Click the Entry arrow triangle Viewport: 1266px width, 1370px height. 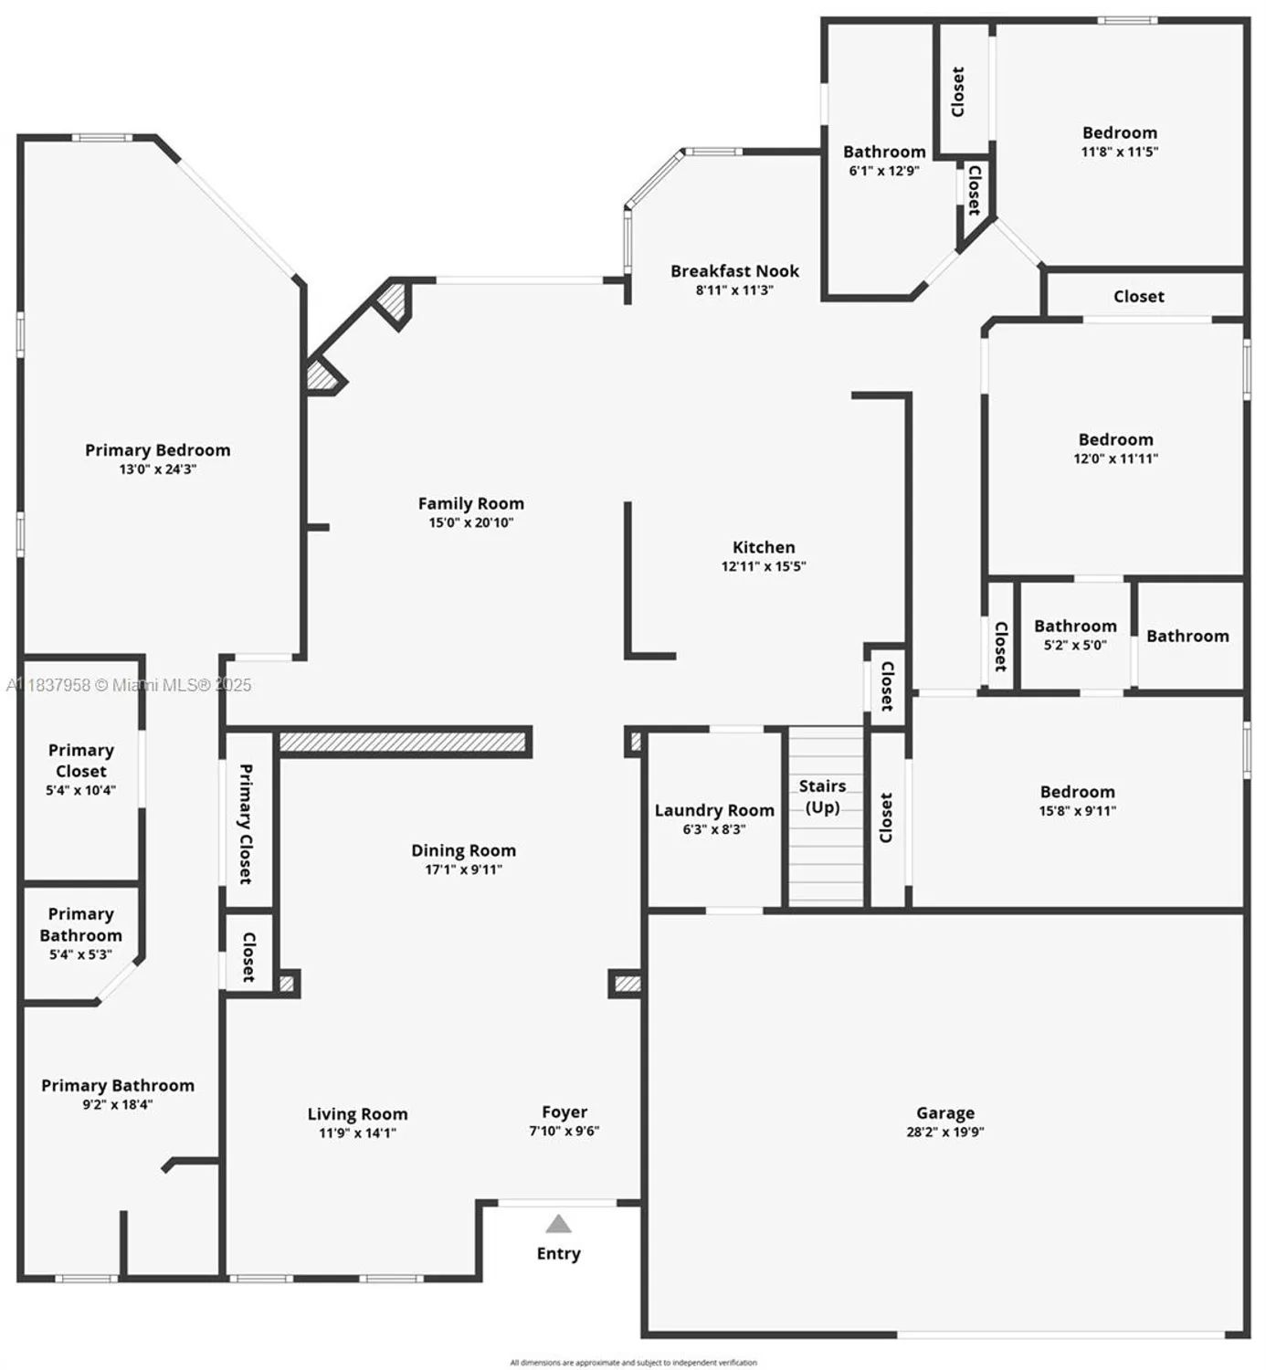click(558, 1224)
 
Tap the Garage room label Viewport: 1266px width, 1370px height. click(945, 1112)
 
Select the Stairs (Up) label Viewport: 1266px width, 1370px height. click(822, 796)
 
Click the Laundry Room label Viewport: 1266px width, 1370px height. click(714, 810)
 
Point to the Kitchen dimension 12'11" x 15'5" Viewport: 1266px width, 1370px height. click(764, 566)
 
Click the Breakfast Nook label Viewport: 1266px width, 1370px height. click(734, 271)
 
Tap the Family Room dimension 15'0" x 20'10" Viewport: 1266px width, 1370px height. click(471, 522)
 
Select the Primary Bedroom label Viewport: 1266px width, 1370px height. click(157, 450)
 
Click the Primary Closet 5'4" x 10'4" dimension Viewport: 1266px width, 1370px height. click(81, 790)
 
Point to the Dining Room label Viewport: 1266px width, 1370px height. click(463, 850)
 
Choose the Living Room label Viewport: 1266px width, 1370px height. click(357, 1114)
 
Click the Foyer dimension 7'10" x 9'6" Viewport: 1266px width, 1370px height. click(564, 1131)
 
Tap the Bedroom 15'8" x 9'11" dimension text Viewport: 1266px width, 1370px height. click(1078, 810)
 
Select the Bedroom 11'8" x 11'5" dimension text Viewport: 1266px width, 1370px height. click(1120, 152)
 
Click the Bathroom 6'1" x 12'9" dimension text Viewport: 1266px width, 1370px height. click(884, 171)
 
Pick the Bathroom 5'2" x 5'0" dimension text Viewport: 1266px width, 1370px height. click(1075, 645)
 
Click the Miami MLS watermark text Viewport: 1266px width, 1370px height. click(129, 685)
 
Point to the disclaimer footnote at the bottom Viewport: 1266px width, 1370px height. click(633, 1363)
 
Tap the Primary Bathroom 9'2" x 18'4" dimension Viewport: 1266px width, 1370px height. click(118, 1104)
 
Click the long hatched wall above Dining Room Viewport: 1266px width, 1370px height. click(404, 741)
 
